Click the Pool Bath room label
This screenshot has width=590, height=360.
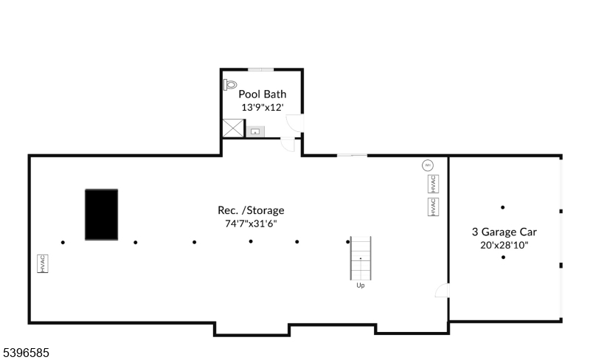click(262, 94)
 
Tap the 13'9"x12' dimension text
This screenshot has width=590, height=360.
click(262, 107)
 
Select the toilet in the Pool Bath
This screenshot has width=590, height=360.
click(230, 85)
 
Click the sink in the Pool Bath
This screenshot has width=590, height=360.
click(256, 131)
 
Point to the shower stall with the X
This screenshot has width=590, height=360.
click(233, 129)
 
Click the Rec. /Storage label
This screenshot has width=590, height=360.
click(250, 210)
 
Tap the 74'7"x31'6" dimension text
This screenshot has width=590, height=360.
click(250, 223)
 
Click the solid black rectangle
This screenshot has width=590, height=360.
click(101, 214)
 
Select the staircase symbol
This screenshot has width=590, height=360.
click(360, 258)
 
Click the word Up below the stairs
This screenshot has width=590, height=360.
click(360, 285)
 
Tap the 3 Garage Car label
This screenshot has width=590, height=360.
click(504, 231)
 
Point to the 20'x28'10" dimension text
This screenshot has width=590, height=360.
click(504, 244)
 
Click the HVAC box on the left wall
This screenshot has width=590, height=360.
click(43, 263)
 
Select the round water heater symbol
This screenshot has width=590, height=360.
click(427, 165)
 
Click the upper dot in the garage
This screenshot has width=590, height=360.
click(503, 207)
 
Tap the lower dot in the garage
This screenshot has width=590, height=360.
click(503, 257)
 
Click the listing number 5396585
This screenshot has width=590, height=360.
click(26, 353)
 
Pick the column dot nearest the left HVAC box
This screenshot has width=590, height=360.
click(63, 242)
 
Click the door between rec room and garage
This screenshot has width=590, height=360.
click(442, 291)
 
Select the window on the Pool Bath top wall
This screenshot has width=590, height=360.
click(261, 69)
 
